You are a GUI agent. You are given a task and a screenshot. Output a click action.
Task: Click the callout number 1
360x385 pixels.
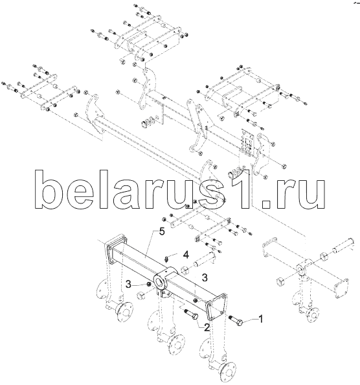coord(261,319)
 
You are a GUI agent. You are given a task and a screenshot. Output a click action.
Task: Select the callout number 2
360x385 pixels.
coord(207,327)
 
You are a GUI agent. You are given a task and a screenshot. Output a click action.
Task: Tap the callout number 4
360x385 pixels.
coord(186,255)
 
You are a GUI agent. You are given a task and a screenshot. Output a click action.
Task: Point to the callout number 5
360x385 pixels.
coord(162,231)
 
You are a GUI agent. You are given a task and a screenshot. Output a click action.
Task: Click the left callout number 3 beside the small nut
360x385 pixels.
coord(129,285)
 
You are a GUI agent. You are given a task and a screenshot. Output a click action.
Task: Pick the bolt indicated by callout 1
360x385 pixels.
coord(236,320)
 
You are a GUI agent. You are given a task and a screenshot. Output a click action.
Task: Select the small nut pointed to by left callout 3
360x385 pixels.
coord(148,284)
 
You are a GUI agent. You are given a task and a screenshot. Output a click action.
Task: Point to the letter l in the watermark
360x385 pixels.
coord(106,189)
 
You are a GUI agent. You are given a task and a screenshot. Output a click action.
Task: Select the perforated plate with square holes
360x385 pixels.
coord(247,143)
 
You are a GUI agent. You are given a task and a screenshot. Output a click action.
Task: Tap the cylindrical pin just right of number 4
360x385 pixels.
coord(205,261)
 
